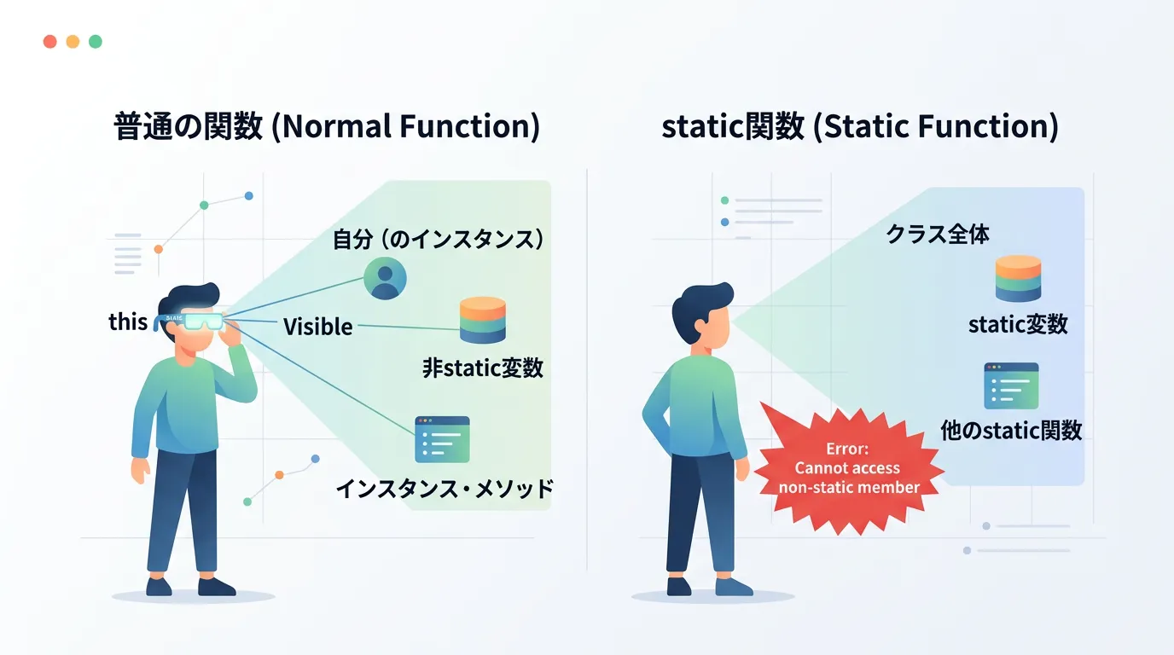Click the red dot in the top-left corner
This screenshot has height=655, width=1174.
tap(49, 42)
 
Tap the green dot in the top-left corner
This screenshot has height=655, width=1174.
tap(96, 42)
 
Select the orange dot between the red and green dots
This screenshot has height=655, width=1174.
tap(73, 42)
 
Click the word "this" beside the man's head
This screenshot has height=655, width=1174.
tap(128, 322)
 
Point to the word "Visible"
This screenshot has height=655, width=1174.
tap(317, 327)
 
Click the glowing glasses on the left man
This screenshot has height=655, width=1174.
tap(194, 320)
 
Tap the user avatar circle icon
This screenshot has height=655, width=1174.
tap(386, 278)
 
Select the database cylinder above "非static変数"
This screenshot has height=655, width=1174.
tap(483, 320)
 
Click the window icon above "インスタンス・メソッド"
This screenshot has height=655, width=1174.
tap(442, 439)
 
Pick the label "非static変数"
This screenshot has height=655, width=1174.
tap(483, 368)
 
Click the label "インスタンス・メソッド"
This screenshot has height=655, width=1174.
tap(445, 489)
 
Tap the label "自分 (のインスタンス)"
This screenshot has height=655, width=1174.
tap(439, 240)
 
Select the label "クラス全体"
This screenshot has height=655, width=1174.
tap(938, 234)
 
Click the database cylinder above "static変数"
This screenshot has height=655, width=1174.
tap(1018, 278)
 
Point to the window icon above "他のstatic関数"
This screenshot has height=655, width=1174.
tap(1012, 386)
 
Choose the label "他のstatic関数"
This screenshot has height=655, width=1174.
tap(1011, 431)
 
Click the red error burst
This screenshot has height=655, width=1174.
tap(849, 469)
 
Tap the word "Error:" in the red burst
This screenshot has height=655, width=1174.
tap(847, 449)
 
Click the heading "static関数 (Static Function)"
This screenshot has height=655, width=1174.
tap(860, 126)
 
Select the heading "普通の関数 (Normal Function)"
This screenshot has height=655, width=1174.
tap(327, 126)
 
